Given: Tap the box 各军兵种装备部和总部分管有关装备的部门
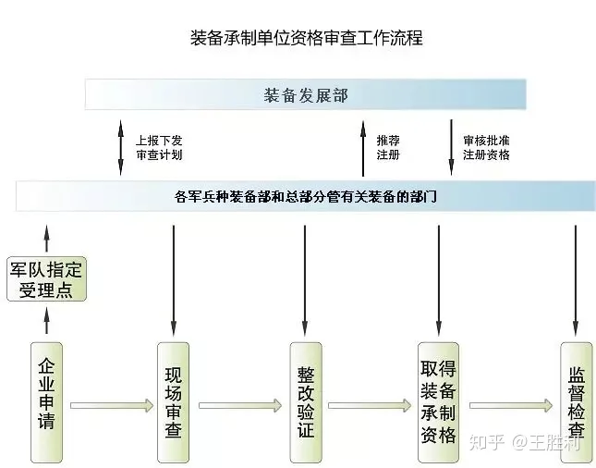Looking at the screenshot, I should pos(306,196).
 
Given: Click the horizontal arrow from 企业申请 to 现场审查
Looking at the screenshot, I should pos(111,404).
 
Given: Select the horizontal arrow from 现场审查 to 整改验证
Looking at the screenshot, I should pos(239,404).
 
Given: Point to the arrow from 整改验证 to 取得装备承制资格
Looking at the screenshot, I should pos(370,404).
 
